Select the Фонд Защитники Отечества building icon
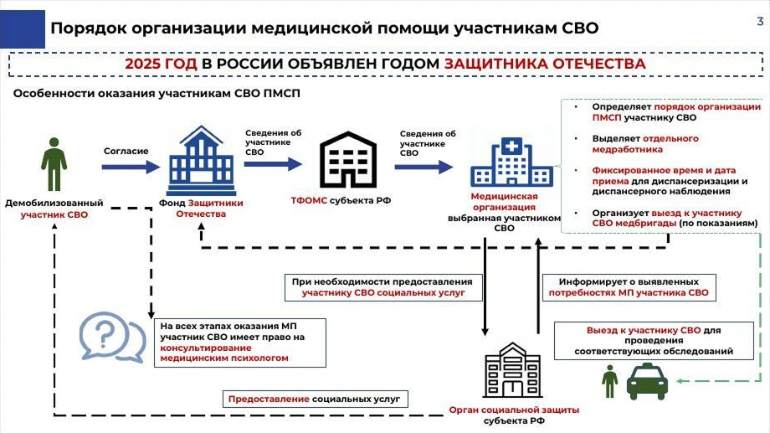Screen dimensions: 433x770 pyautogui.click(x=201, y=161)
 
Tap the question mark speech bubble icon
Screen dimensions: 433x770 pyautogui.click(x=107, y=337)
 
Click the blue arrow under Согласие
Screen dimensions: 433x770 pyautogui.click(x=130, y=167)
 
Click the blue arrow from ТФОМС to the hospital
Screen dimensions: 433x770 pyautogui.click(x=424, y=165)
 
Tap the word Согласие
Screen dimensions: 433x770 pyautogui.click(x=126, y=152)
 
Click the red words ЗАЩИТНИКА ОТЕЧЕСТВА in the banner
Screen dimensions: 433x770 pyautogui.click(x=545, y=64)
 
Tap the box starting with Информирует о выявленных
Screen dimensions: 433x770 pyautogui.click(x=629, y=287)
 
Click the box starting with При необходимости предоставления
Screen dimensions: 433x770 pyautogui.click(x=383, y=287)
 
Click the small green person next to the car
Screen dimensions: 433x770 pyautogui.click(x=609, y=380)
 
